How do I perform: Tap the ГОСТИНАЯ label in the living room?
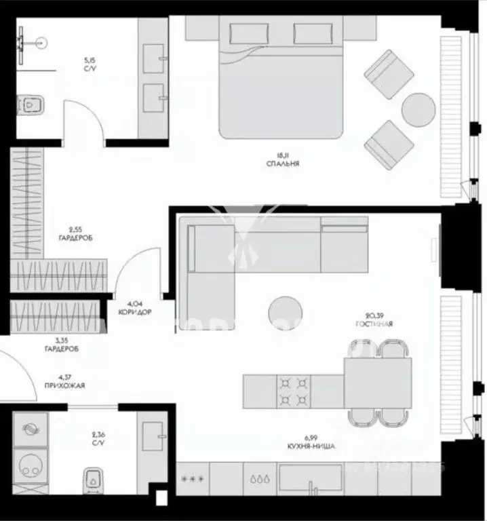click(374, 324)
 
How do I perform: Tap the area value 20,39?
click(374, 315)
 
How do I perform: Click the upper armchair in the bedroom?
click(390, 73)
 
